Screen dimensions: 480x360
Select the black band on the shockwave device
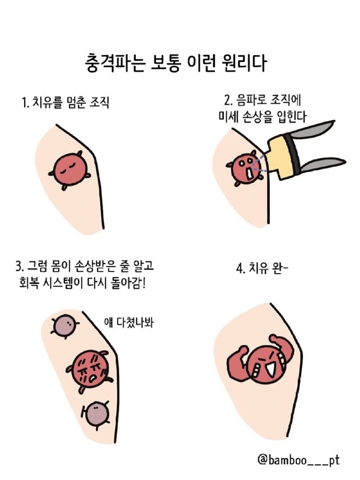click(x=294, y=150)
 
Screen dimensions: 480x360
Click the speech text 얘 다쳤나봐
click(x=129, y=322)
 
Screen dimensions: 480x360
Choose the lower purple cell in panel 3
click(x=96, y=412)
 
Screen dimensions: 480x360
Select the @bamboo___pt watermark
click(x=298, y=460)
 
